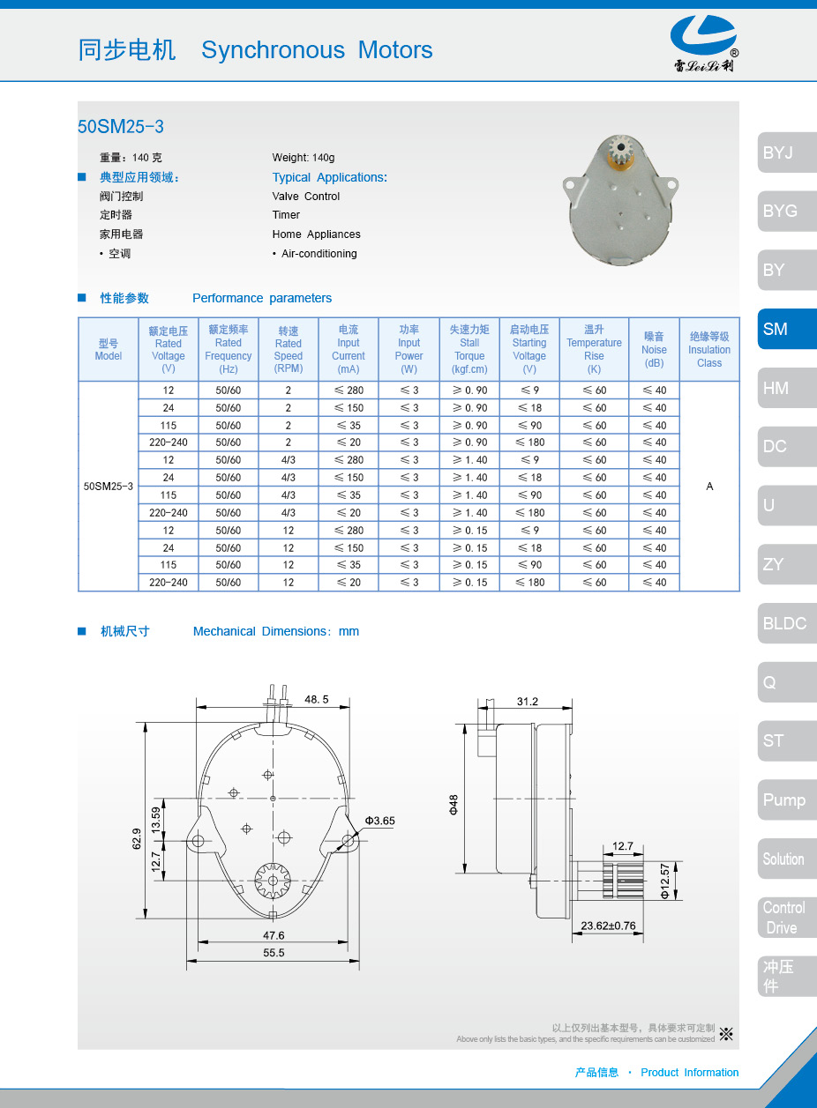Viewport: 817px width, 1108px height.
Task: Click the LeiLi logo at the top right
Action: tap(703, 44)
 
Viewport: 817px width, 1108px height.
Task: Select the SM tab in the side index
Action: tap(786, 329)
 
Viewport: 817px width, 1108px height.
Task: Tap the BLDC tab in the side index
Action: tap(786, 623)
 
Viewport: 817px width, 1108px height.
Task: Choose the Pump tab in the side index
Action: tap(786, 799)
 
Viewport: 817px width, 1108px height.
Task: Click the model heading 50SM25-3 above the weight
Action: tap(121, 127)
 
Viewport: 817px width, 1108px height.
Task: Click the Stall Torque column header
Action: tap(469, 349)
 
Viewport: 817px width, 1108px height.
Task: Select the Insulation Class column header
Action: tap(709, 349)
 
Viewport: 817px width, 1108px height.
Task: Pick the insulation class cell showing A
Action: tap(709, 486)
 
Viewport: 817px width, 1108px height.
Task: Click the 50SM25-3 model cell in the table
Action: tap(109, 486)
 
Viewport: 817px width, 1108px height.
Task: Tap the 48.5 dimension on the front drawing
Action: tap(316, 699)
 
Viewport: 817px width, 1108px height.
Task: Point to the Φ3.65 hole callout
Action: tap(380, 821)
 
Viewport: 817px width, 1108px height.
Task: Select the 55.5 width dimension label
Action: tap(274, 953)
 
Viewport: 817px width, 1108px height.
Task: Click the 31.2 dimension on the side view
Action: tap(527, 702)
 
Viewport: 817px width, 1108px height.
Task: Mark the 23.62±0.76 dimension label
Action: tap(608, 926)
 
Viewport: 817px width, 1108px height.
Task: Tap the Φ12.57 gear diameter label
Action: tap(664, 881)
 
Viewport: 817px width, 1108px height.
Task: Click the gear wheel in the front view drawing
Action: tap(273, 880)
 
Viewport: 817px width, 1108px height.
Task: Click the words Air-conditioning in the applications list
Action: tap(319, 254)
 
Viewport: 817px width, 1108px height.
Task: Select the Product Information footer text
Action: tap(689, 1073)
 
